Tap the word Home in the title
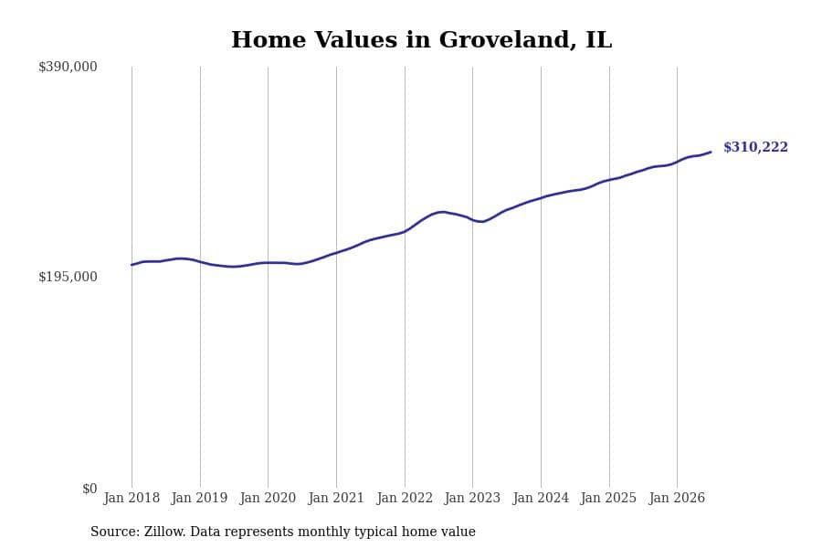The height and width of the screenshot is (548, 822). (269, 40)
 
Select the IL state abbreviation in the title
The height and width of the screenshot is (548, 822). (598, 40)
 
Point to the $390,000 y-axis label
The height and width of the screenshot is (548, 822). (68, 67)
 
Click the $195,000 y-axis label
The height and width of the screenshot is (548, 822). (68, 277)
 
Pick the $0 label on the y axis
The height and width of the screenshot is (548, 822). (90, 489)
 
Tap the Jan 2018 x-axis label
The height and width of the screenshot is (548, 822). (132, 498)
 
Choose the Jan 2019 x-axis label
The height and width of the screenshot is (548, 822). (199, 498)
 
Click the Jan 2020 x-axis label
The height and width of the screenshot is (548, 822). (268, 498)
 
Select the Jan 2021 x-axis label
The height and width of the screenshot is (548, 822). (336, 498)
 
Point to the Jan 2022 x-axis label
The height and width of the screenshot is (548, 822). (405, 498)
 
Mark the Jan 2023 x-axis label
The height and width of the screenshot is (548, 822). (472, 498)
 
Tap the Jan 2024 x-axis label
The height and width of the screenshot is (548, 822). (541, 498)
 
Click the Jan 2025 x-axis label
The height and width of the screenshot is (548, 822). (608, 498)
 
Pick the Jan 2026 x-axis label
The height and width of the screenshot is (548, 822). (677, 498)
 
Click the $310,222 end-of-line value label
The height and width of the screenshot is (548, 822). (755, 147)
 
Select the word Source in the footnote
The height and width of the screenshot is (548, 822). (115, 532)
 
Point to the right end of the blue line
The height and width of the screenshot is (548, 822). (711, 153)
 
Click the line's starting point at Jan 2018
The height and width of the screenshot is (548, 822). (132, 265)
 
